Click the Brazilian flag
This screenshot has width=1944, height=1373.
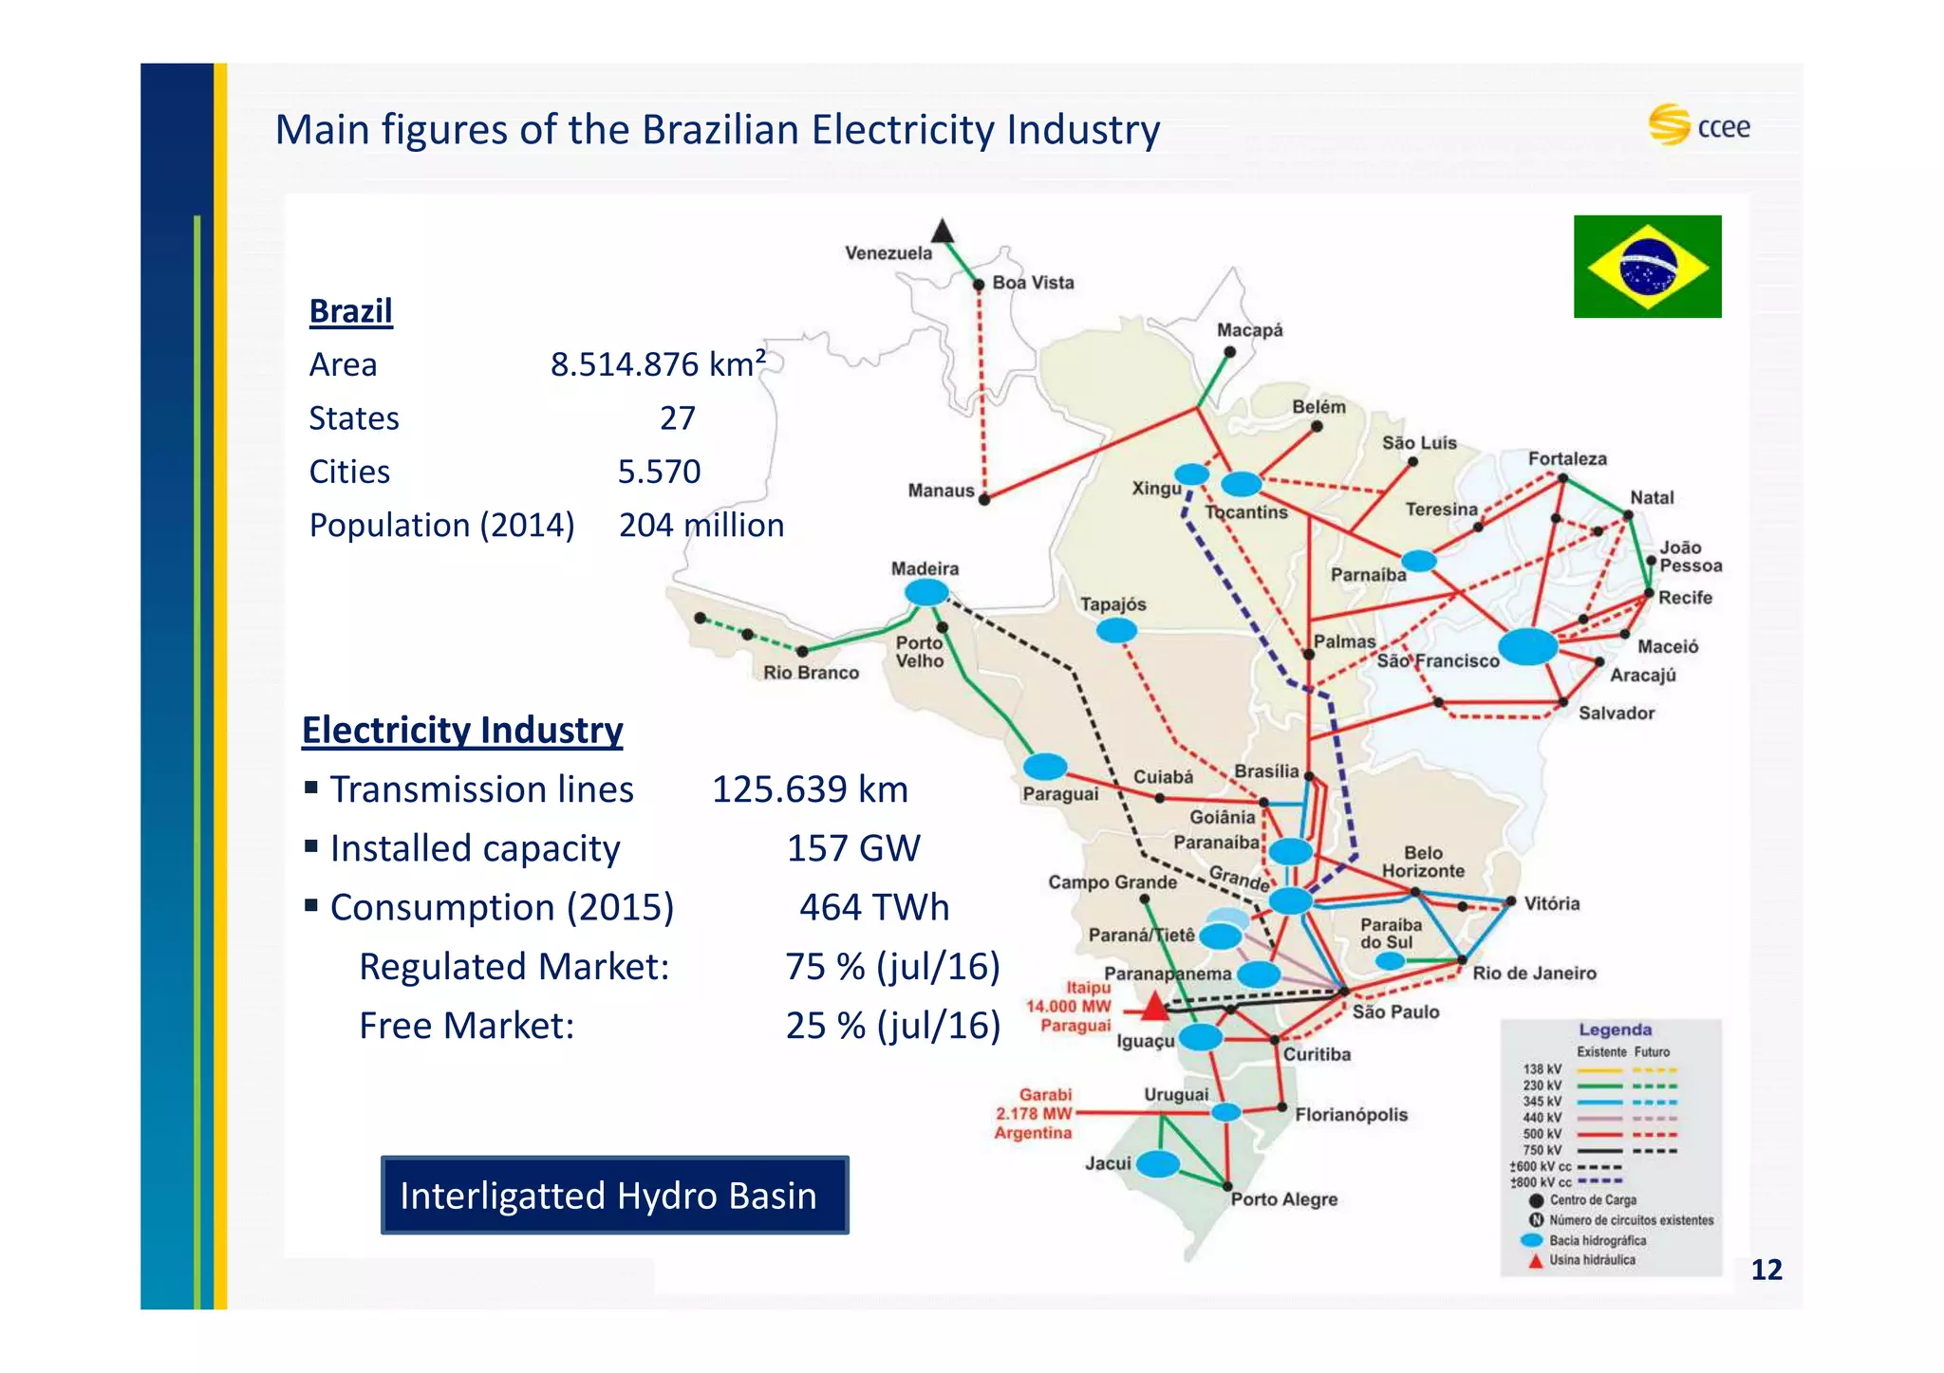pyautogui.click(x=1647, y=266)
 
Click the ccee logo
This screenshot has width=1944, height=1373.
pyautogui.click(x=1699, y=125)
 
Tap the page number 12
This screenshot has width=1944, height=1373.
pyautogui.click(x=1766, y=1270)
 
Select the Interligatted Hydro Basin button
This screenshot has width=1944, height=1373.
pyautogui.click(x=614, y=1195)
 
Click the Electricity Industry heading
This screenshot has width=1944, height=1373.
pyautogui.click(x=462, y=730)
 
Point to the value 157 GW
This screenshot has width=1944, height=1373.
pyautogui.click(x=853, y=848)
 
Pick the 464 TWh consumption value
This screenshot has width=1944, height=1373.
pyautogui.click(x=873, y=907)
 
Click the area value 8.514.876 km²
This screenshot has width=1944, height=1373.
pyautogui.click(x=658, y=364)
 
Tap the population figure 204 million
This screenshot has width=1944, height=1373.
pyautogui.click(x=701, y=525)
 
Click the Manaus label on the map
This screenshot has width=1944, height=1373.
pyautogui.click(x=941, y=491)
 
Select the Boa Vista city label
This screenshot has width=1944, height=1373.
pyautogui.click(x=1033, y=283)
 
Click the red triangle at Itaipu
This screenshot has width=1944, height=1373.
pyautogui.click(x=1154, y=1006)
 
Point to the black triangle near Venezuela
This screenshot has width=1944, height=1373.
pyautogui.click(x=942, y=231)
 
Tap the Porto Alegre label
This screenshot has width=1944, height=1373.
pyautogui.click(x=1283, y=1199)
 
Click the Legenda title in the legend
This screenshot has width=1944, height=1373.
pyautogui.click(x=1615, y=1030)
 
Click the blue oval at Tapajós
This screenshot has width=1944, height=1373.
pyautogui.click(x=1116, y=630)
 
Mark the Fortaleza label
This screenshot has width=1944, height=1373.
pyautogui.click(x=1567, y=459)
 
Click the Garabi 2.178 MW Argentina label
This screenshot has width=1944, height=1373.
pyautogui.click(x=1034, y=1114)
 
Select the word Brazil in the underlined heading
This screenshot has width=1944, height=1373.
pyautogui.click(x=350, y=311)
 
